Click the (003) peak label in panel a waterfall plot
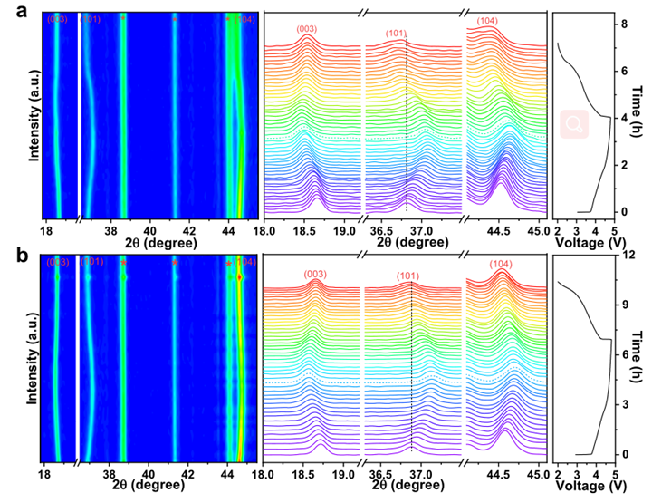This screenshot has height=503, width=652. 307,30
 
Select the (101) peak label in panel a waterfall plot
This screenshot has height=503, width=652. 396,34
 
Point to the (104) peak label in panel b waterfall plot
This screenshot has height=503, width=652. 503,264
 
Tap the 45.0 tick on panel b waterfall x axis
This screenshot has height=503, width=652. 537,474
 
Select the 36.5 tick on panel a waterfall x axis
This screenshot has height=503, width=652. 381,230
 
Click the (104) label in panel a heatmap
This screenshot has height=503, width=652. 244,19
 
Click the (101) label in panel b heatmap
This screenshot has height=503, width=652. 92,262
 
